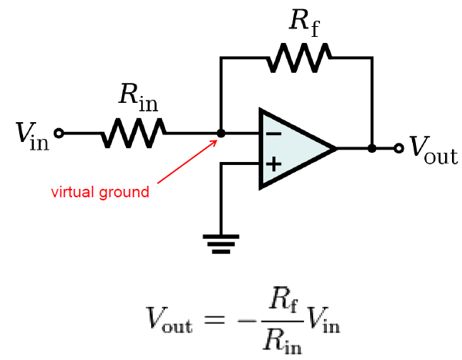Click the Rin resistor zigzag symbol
tap(134, 133)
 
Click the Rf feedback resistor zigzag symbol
tap(299, 57)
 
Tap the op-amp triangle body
tap(292, 148)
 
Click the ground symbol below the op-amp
tap(221, 244)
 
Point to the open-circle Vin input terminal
tap(58, 133)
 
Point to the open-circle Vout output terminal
tap(398, 148)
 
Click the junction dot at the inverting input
tap(221, 133)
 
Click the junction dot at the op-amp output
tap(371, 148)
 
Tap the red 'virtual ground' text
tap(100, 192)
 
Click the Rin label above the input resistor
tap(137, 96)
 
